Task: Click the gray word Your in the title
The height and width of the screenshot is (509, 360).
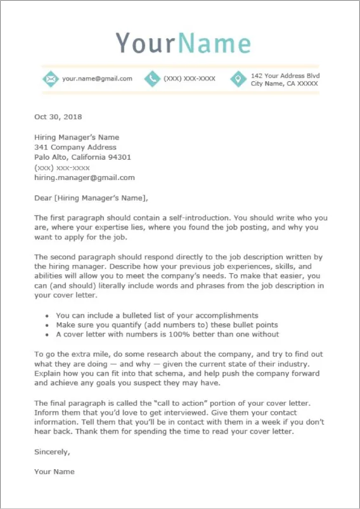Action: [x=145, y=42]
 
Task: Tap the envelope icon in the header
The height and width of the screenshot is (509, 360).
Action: [x=50, y=79]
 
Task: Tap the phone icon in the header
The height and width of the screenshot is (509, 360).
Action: [x=152, y=79]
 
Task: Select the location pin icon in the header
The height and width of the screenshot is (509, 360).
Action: [x=238, y=79]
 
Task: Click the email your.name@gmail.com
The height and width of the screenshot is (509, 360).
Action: [x=97, y=79]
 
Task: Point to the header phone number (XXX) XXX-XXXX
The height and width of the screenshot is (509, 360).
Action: [x=189, y=79]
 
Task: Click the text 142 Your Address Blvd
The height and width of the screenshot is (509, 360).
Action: [x=285, y=75]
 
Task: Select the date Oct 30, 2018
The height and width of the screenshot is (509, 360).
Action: [x=58, y=117]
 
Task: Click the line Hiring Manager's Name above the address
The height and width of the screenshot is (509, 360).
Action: [x=76, y=137]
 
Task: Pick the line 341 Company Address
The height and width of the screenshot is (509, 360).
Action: [x=75, y=147]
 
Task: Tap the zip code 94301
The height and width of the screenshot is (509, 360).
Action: [x=119, y=157]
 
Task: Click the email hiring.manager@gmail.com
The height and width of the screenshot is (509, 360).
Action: [x=84, y=177]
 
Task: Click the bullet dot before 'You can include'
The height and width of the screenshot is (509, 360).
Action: [x=48, y=316]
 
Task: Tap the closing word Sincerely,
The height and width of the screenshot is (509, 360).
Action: [x=52, y=451]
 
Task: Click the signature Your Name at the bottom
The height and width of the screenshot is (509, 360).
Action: [x=54, y=472]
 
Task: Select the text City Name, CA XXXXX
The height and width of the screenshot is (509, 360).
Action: [x=284, y=83]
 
